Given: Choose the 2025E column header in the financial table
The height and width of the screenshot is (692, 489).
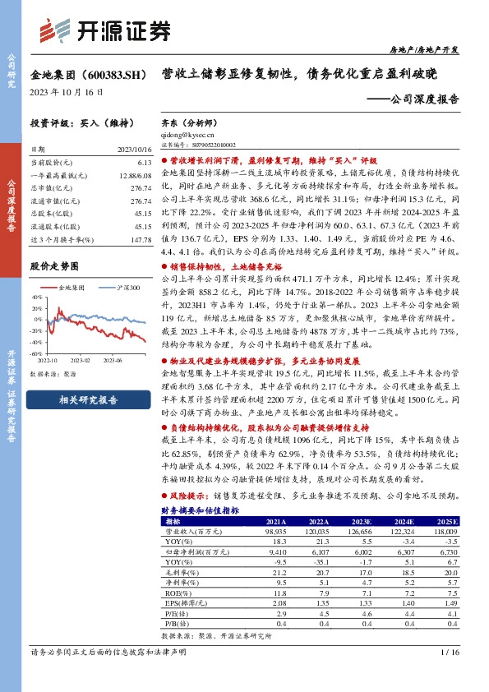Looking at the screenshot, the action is click(445, 520).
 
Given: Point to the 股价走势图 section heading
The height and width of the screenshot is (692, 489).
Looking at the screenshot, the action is click(54, 267).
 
